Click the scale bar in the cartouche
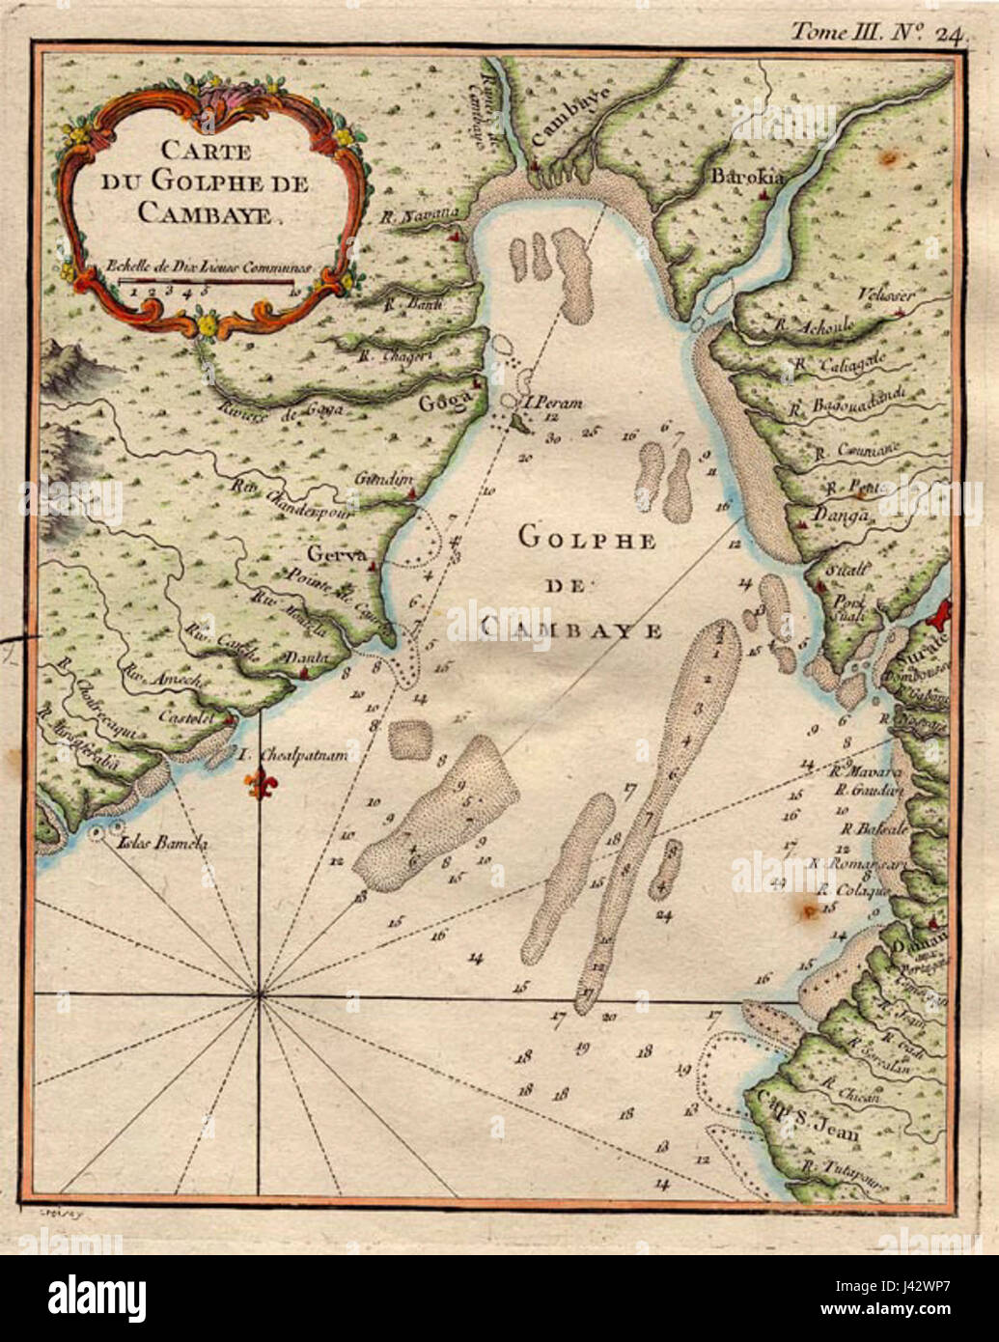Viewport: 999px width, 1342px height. [207, 281]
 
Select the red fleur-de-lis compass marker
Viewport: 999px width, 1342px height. [258, 784]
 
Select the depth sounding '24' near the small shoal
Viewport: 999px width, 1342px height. [663, 914]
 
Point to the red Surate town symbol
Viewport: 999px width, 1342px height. [940, 614]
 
